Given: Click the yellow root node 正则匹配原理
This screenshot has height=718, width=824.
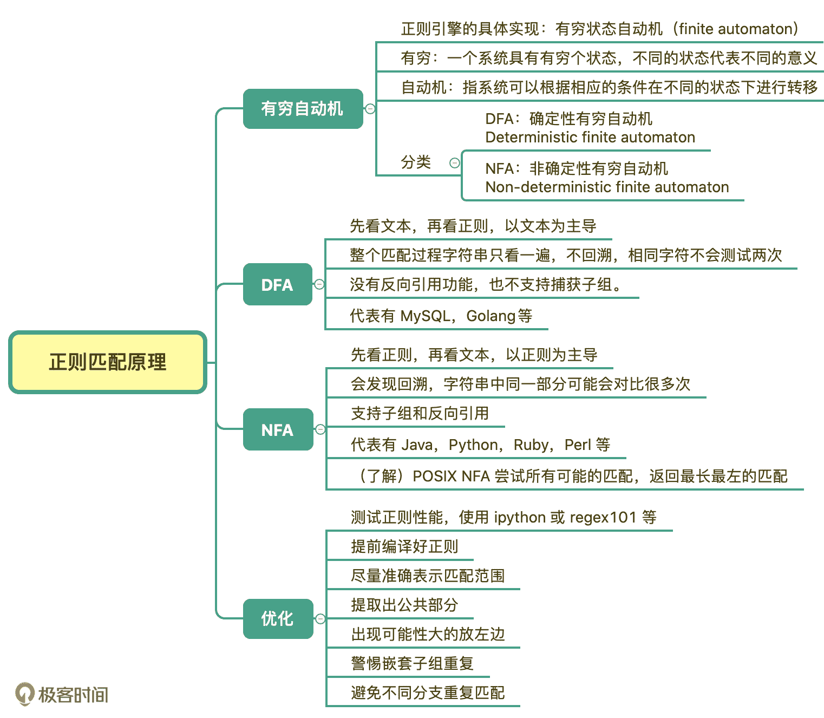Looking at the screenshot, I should click(108, 362).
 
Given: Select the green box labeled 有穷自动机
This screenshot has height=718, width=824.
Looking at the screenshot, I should click(303, 109).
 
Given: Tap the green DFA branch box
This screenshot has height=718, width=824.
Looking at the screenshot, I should click(277, 284).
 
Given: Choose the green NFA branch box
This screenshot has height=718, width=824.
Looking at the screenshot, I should click(278, 429).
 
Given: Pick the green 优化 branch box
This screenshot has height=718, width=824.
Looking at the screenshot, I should click(278, 618).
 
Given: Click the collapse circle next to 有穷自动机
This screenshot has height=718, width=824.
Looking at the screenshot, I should click(370, 109).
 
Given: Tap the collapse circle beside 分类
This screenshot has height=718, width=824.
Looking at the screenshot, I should click(455, 162).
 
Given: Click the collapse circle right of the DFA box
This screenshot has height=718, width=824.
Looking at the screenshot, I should click(319, 284).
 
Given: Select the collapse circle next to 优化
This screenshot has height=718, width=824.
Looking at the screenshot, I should click(321, 618).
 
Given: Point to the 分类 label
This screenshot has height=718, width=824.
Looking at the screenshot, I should click(416, 162).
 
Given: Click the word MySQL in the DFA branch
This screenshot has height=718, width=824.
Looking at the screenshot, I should click(425, 316).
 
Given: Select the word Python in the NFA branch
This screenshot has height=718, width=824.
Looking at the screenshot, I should click(473, 445).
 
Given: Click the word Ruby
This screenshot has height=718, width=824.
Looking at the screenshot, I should click(531, 445).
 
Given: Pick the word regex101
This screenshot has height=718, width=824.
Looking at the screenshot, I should click(603, 517).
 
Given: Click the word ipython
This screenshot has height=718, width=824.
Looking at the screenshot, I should click(519, 518).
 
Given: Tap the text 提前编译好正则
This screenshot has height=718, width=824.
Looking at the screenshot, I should click(404, 546).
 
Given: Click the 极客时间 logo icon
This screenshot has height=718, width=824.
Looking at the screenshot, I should click(24, 694).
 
